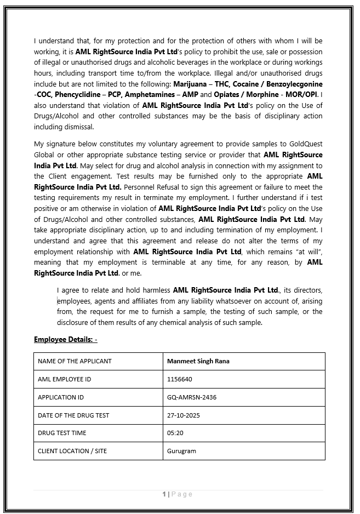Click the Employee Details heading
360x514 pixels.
click(65, 340)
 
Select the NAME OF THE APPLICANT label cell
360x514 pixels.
click(75, 361)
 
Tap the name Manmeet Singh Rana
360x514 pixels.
click(198, 361)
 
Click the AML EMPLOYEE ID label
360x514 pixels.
click(65, 379)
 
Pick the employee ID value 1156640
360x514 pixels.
click(180, 379)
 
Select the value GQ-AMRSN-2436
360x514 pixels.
click(192, 397)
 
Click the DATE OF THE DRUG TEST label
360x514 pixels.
click(73, 415)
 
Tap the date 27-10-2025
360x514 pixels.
click(184, 415)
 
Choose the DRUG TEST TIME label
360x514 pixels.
click(62, 433)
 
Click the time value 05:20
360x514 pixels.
click(175, 433)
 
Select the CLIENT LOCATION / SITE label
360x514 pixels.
click(72, 451)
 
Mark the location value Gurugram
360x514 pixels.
click(181, 451)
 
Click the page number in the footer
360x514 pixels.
click(164, 494)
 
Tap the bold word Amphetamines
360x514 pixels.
click(152, 95)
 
